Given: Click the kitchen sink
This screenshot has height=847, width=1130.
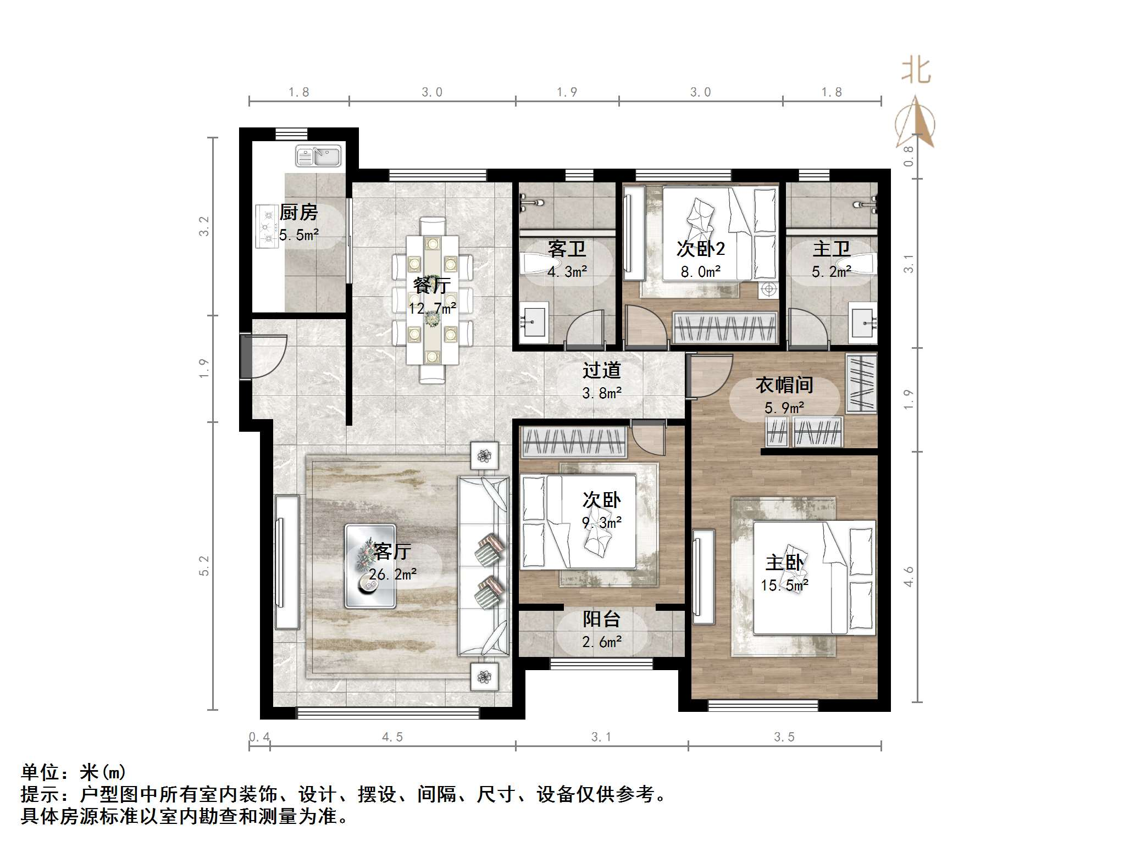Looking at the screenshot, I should click(x=318, y=156).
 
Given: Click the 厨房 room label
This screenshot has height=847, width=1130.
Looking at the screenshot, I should click(x=298, y=212).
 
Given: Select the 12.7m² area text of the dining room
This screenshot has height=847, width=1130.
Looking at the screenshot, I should click(x=432, y=308).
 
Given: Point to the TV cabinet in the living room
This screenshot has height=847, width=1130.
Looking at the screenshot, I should click(x=286, y=561).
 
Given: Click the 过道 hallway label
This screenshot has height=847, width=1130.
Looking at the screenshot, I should click(x=601, y=370).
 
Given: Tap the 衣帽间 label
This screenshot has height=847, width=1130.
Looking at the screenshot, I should click(x=784, y=385).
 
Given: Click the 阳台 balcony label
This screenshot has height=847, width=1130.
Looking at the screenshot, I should click(x=601, y=619).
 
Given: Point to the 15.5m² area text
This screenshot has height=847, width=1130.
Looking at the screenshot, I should click(x=784, y=586).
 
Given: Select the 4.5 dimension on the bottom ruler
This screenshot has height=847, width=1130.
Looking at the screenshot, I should click(x=392, y=737).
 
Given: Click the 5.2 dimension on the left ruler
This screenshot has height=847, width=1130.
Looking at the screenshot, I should click(x=204, y=566).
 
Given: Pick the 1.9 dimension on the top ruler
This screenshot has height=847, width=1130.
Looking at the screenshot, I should click(x=567, y=92).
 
